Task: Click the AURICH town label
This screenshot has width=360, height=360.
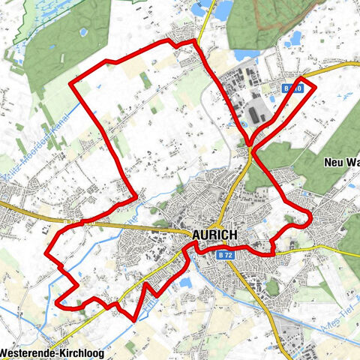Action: (214, 234)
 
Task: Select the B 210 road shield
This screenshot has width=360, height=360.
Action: (293, 88)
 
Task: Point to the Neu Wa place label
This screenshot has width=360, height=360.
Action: (342, 162)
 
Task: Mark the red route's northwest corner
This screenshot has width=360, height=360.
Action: (71, 83)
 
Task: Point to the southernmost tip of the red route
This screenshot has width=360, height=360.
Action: (133, 319)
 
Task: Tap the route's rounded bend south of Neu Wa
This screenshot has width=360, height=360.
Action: (307, 218)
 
